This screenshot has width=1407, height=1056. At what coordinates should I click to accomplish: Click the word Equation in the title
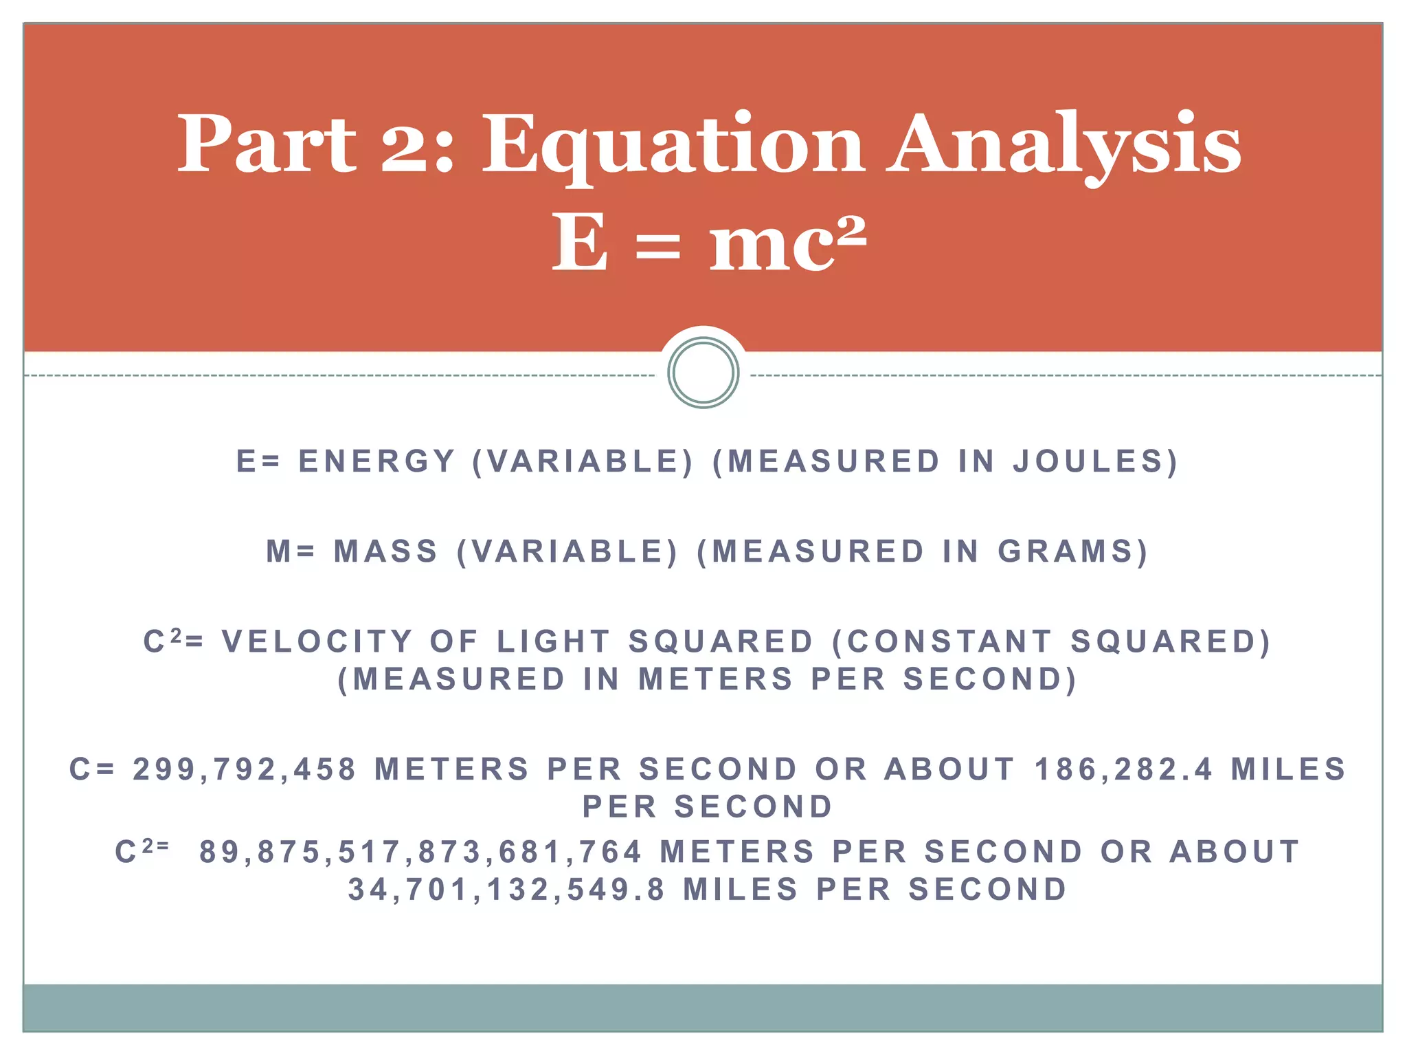pos(673,146)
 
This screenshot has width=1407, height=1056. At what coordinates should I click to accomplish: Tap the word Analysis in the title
pos(1063,146)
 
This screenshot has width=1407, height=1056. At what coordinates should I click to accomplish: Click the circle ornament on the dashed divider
pos(703,373)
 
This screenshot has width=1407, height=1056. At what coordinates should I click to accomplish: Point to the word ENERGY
pos(377,461)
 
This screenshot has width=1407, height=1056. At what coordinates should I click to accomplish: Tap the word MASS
pos(386,551)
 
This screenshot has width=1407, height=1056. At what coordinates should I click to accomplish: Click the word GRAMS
pos(1072,551)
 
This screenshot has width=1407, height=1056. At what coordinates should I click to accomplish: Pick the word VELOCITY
pos(317,642)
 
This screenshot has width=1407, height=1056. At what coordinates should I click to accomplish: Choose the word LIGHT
pos(553,642)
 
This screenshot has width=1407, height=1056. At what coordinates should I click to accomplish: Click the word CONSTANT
pos(949,642)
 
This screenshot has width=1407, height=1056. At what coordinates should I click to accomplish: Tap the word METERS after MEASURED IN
pos(715,679)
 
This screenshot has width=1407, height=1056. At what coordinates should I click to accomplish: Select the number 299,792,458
pos(245,769)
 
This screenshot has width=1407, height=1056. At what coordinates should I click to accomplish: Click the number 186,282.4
pos(1123,769)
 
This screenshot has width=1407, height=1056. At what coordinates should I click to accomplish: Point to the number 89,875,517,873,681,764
pos(420,852)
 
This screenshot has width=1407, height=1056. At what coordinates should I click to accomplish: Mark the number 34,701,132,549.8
pos(507,890)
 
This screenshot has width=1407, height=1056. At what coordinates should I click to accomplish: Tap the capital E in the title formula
pos(580,242)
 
